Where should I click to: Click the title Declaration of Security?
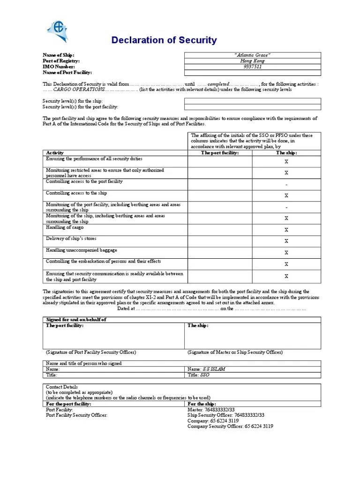coord(164,40)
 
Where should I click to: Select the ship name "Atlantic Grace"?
coord(252,55)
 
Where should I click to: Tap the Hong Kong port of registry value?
coord(252,61)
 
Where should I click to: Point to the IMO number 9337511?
coord(252,67)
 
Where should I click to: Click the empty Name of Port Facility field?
coord(252,73)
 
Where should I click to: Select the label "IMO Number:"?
coord(59,67)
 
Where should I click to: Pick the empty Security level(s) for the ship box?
coord(252,101)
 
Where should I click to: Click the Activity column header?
coord(55,153)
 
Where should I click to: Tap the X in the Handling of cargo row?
coord(286,230)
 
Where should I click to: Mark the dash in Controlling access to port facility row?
coord(286,184)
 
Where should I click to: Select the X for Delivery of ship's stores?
coord(286,241)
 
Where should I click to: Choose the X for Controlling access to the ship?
coord(286,195)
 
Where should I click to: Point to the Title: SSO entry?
coord(199,375)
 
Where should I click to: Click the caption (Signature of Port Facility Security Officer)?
coord(91,352)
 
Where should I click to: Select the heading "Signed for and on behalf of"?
coord(76,319)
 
